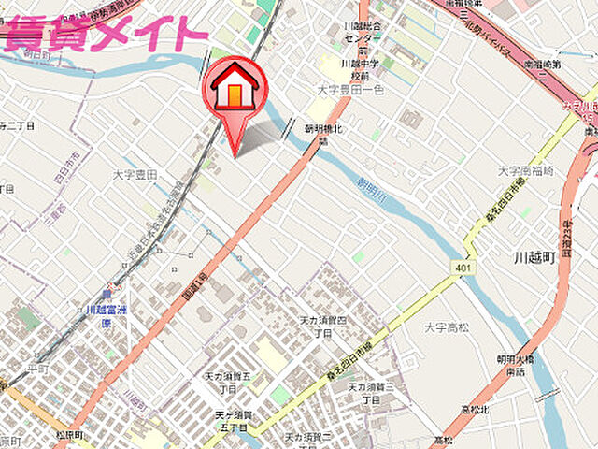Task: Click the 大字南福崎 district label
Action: point(526,170)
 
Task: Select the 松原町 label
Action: point(70,436)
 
